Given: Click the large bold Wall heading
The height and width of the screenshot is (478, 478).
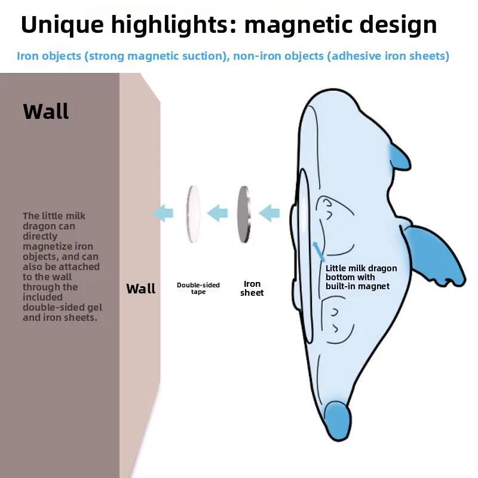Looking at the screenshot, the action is pyautogui.click(x=46, y=111).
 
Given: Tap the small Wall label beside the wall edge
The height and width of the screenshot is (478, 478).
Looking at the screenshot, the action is pyautogui.click(x=140, y=289).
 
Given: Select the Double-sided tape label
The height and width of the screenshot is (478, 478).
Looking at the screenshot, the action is pyautogui.click(x=198, y=288).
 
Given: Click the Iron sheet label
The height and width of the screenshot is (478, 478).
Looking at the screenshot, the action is pyautogui.click(x=252, y=288).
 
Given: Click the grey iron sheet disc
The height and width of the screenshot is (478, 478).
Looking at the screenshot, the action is pyautogui.click(x=243, y=213).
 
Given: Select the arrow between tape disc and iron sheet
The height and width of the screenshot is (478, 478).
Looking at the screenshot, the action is pyautogui.click(x=217, y=212).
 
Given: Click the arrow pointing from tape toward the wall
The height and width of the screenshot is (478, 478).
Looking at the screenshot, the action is pyautogui.click(x=163, y=212).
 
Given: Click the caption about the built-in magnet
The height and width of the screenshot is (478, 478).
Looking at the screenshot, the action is pyautogui.click(x=361, y=277).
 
